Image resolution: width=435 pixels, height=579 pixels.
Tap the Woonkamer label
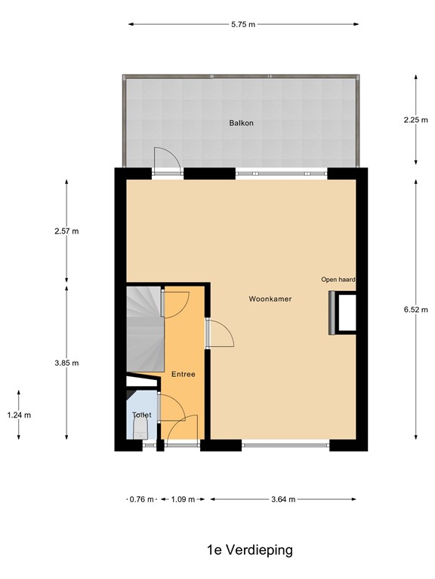270,299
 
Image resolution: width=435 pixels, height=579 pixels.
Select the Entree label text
183,374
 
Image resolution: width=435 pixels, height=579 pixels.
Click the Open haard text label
338,280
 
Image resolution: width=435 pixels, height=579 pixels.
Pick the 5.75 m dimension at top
242,24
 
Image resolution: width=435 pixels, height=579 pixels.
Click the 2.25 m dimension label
415,119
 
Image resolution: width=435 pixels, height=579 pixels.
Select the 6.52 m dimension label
415,308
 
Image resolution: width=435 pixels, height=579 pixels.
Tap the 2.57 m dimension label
66,231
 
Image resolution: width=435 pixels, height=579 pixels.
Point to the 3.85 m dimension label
66,363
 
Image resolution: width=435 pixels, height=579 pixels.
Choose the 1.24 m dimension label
19,415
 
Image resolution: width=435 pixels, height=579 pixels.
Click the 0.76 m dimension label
142,499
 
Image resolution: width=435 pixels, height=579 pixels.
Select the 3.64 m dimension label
282,499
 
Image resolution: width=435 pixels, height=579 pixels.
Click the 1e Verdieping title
249,550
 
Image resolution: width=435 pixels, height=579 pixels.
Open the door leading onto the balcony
166,161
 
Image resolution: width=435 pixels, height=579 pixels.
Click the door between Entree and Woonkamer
217,332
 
